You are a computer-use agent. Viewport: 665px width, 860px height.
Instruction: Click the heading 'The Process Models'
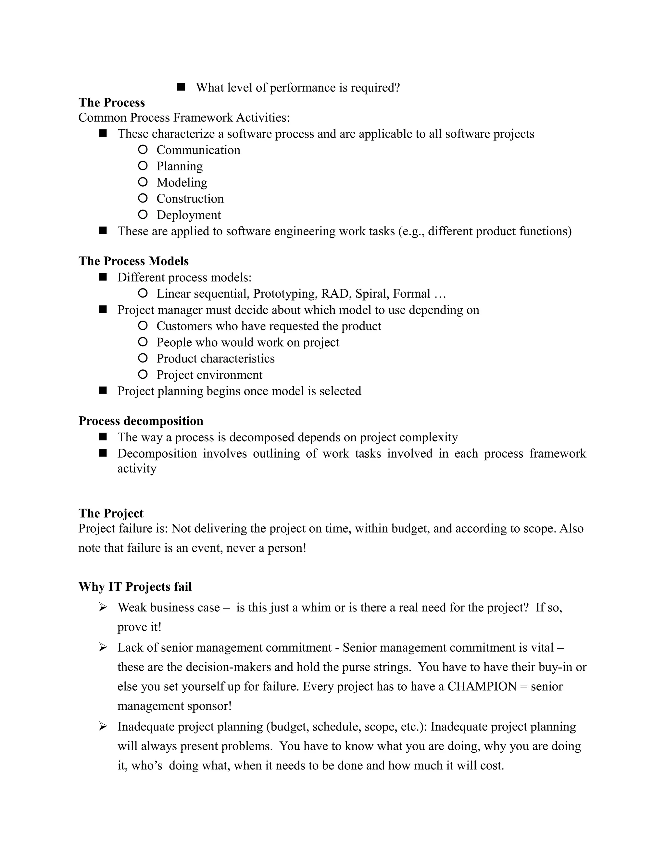[133, 261]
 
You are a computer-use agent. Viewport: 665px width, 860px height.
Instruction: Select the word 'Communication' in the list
[198, 150]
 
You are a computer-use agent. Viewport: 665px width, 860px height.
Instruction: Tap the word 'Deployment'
[189, 215]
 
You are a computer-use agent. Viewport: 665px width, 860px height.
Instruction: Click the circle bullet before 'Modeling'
[143, 182]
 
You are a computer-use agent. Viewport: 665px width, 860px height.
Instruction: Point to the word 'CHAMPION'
[482, 686]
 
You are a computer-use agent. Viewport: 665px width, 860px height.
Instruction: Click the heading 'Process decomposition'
[141, 421]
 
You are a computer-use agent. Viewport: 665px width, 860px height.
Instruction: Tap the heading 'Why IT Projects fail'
[135, 587]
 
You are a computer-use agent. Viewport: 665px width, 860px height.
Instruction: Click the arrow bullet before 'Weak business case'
[103, 607]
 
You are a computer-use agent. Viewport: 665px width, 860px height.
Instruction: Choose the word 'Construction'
[190, 199]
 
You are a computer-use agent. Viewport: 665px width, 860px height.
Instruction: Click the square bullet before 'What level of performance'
[181, 87]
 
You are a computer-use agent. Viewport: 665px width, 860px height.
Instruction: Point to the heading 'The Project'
[111, 513]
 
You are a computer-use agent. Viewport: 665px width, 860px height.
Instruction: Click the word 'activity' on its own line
[137, 469]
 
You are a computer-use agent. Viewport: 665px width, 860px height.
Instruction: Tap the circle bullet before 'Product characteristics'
[143, 358]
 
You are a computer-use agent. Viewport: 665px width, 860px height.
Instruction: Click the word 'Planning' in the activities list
[180, 166]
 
